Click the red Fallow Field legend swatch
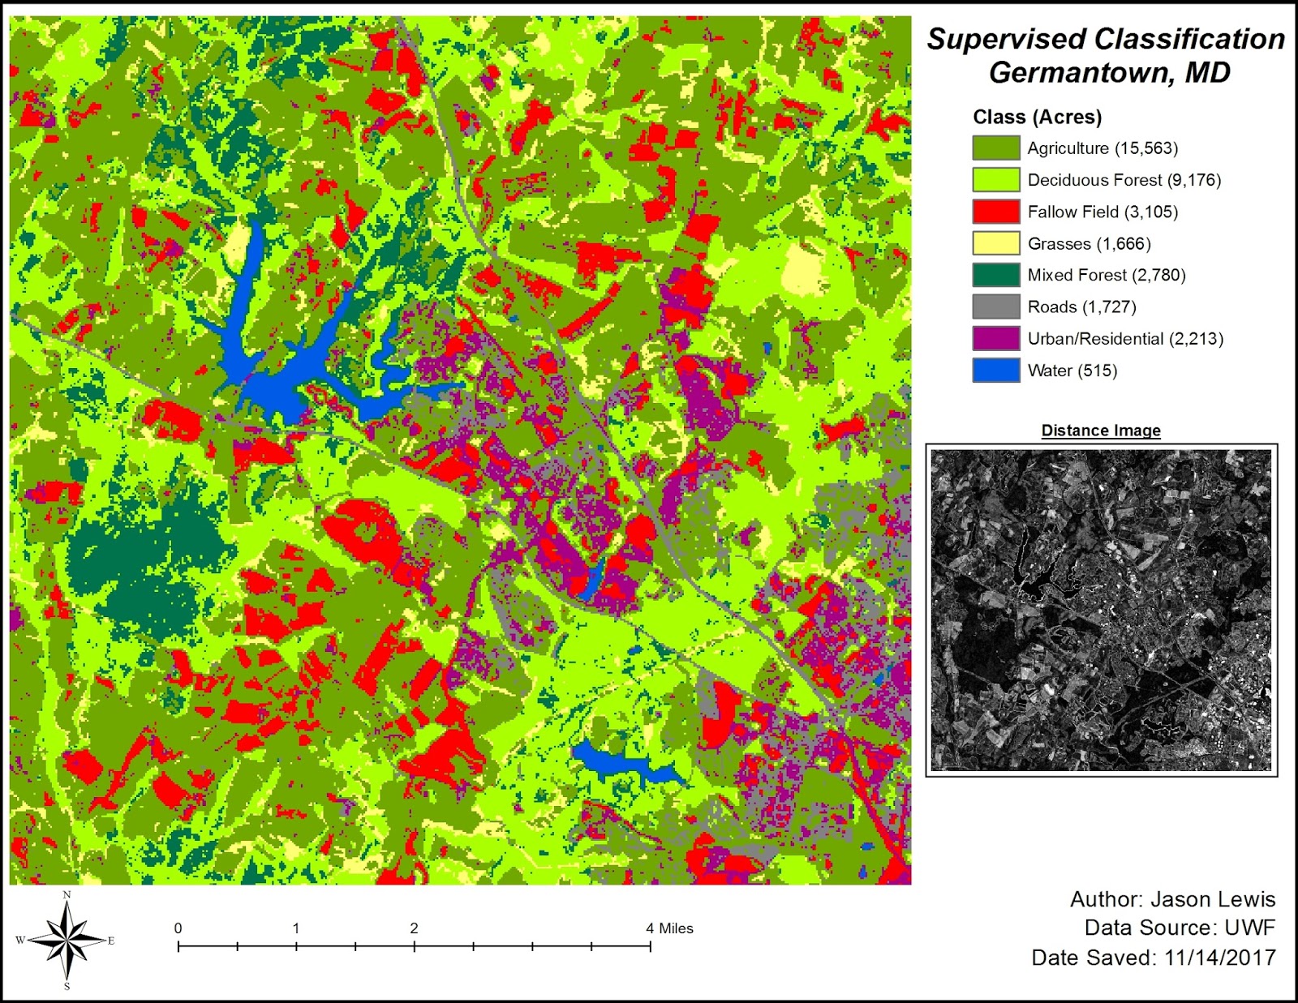pyautogui.click(x=995, y=212)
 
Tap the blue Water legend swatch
pyautogui.click(x=995, y=371)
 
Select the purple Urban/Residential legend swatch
pyautogui.click(x=995, y=338)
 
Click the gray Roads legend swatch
pyautogui.click(x=995, y=306)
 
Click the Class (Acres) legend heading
pyautogui.click(x=1037, y=118)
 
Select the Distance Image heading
pyautogui.click(x=1101, y=431)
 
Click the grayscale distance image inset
pyautogui.click(x=1101, y=610)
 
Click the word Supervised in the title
pyautogui.click(x=1006, y=39)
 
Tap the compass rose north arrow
pyautogui.click(x=68, y=941)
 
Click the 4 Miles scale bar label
pyautogui.click(x=669, y=928)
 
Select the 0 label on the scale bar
pyautogui.click(x=178, y=928)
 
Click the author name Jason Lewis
pyautogui.click(x=1213, y=899)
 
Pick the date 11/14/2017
pyautogui.click(x=1219, y=958)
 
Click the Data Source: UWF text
pyautogui.click(x=1180, y=928)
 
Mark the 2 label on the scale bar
pyautogui.click(x=414, y=928)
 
